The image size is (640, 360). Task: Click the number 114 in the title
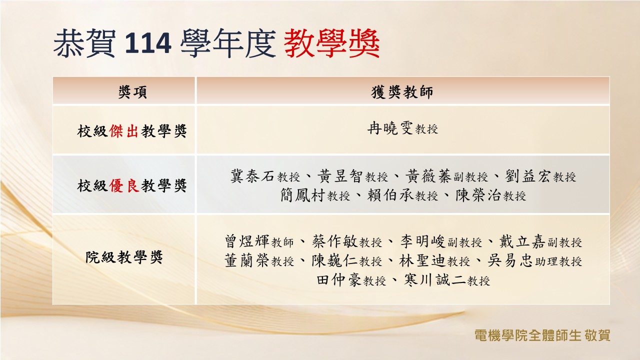tap(148, 43)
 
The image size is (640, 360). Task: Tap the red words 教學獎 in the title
tap(332, 43)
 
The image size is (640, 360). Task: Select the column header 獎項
tap(132, 92)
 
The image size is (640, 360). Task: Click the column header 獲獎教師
tap(402, 92)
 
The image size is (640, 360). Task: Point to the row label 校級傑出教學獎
tap(132, 131)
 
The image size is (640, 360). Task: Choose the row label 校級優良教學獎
tap(132, 185)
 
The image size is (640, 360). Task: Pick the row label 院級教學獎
tap(124, 257)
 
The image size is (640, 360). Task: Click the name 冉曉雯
tap(390, 128)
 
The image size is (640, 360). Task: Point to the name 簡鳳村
tap(302, 195)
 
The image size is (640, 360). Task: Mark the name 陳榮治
tap(478, 195)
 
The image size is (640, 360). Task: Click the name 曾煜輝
tap(247, 241)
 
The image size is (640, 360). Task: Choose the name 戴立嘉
tap(522, 241)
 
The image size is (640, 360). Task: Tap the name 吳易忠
tap(510, 260)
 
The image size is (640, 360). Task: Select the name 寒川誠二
tap(434, 279)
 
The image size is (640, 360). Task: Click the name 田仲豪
tap(339, 279)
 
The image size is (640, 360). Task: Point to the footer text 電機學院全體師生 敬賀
tap(542, 335)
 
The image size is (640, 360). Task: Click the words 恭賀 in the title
tap(84, 43)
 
